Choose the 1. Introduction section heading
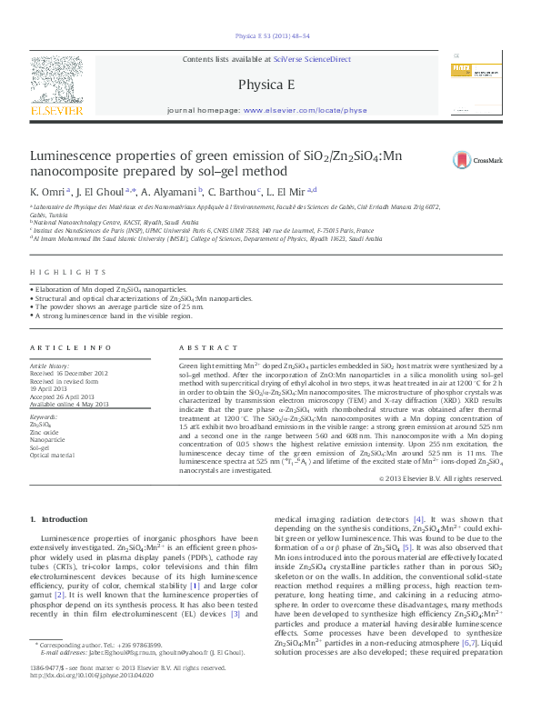59,519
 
